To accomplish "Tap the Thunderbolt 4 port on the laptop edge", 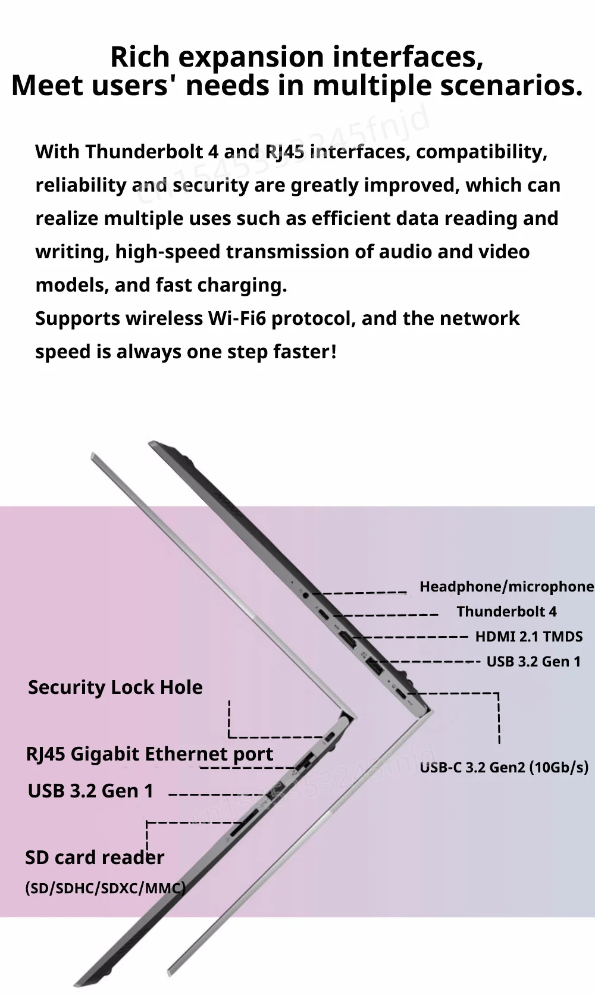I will click(324, 614).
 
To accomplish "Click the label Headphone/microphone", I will click(506, 587).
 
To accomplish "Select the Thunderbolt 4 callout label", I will click(506, 612).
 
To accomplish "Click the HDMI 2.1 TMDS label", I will click(528, 637).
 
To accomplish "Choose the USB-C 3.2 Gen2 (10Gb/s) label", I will click(504, 768).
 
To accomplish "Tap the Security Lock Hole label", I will click(115, 687).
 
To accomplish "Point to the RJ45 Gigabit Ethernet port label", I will click(149, 755).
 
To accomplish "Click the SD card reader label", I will click(95, 858).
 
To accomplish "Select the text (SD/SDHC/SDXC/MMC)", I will click(105, 888).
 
